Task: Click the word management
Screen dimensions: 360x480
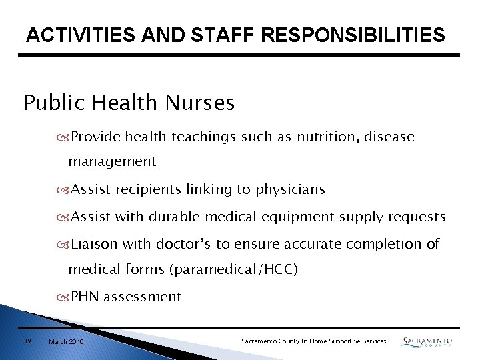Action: [x=112, y=161]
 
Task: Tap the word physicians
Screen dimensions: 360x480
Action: [x=288, y=190]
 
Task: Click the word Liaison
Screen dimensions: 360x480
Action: [x=95, y=244]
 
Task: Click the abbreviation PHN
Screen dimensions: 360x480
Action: [x=85, y=297]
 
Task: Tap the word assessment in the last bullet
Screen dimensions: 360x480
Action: [x=143, y=297]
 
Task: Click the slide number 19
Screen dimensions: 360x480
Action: [x=27, y=341]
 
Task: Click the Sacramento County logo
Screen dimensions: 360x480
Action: [x=427, y=341]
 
